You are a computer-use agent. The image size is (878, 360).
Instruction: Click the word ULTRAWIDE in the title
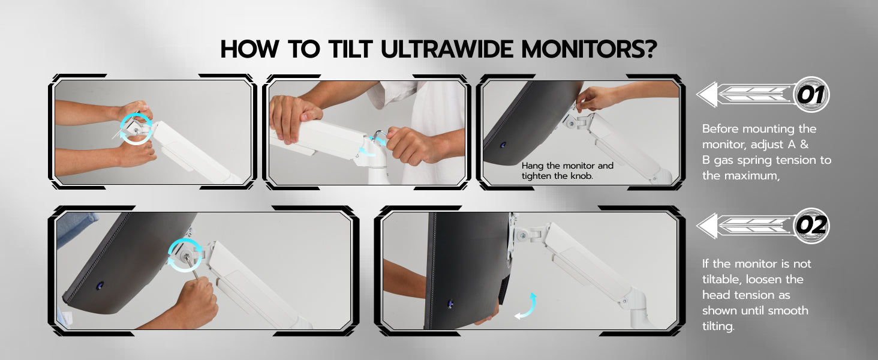click(x=446, y=49)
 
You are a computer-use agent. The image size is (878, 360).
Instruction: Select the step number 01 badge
click(x=811, y=95)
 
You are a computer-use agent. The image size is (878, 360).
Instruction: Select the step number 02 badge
click(x=811, y=226)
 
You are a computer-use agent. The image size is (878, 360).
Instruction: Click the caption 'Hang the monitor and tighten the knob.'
click(x=567, y=170)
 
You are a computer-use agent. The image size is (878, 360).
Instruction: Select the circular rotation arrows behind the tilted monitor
click(x=185, y=255)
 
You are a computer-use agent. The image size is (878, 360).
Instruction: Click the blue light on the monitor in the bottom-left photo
click(x=100, y=286)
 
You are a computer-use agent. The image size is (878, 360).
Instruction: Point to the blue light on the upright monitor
click(x=450, y=304)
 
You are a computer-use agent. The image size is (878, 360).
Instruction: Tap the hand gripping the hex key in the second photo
click(x=408, y=145)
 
